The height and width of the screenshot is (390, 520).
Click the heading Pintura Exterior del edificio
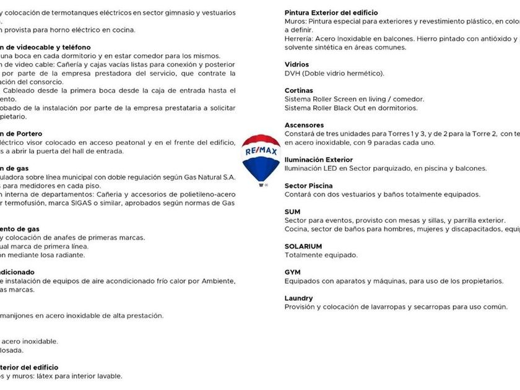[331, 12]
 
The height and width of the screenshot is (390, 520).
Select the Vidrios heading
[297, 64]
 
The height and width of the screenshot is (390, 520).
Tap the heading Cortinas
[299, 90]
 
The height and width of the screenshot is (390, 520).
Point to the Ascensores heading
[304, 125]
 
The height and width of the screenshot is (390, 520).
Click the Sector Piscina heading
[308, 186]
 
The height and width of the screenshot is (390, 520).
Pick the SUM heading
[292, 212]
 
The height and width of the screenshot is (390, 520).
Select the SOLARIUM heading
[303, 246]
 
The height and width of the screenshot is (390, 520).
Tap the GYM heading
[292, 272]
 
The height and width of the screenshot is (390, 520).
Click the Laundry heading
[298, 298]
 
